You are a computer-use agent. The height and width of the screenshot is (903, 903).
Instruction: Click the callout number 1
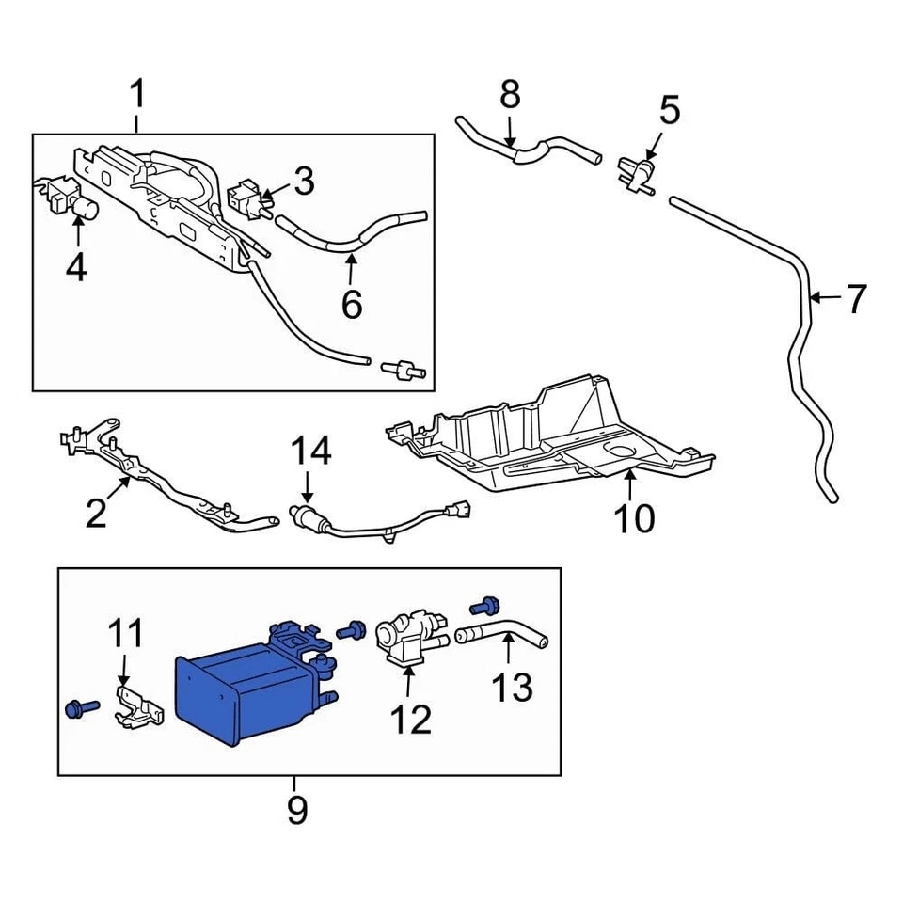click(137, 96)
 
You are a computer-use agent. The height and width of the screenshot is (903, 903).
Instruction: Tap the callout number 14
click(310, 452)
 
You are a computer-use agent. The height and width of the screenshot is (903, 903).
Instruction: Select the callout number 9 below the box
click(296, 809)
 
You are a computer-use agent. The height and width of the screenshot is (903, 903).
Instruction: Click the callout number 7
click(855, 299)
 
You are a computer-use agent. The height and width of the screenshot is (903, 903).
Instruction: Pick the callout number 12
click(410, 720)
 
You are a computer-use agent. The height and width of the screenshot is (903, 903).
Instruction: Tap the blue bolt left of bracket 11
click(81, 707)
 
